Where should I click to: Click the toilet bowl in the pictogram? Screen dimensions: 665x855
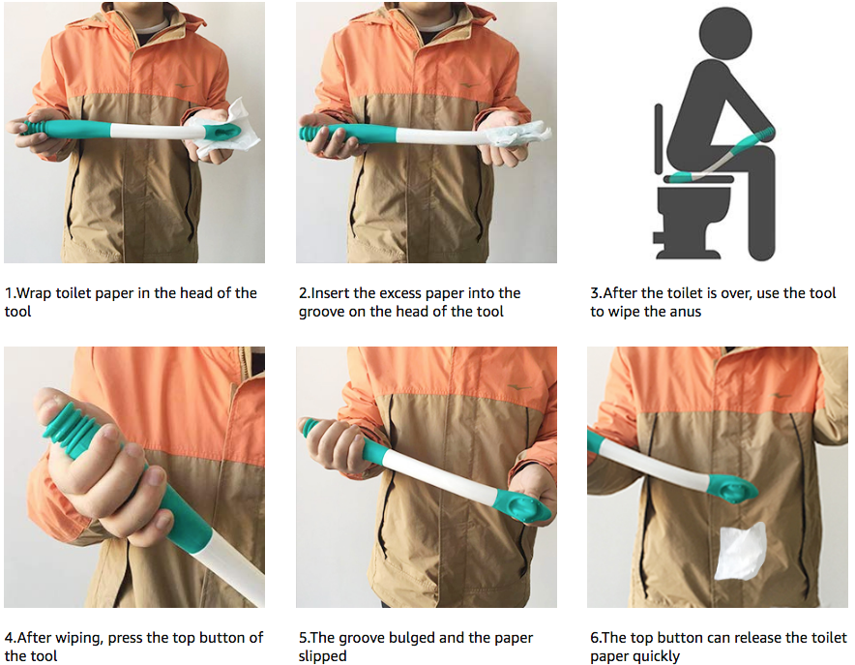(x=694, y=203)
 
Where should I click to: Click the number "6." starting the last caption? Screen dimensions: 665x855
(x=596, y=638)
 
